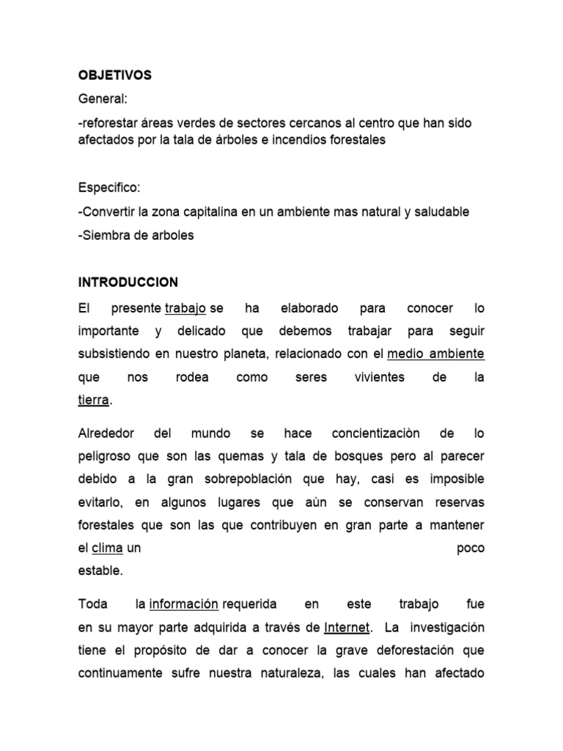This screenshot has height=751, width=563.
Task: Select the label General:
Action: click(x=103, y=100)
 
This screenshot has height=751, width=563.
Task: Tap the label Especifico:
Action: click(x=108, y=188)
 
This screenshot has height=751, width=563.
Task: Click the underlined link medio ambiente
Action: click(x=435, y=353)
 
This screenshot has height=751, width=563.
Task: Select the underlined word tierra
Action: click(x=93, y=400)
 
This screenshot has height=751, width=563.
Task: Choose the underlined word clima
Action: click(x=107, y=548)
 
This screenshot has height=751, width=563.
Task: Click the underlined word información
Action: click(x=183, y=604)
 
